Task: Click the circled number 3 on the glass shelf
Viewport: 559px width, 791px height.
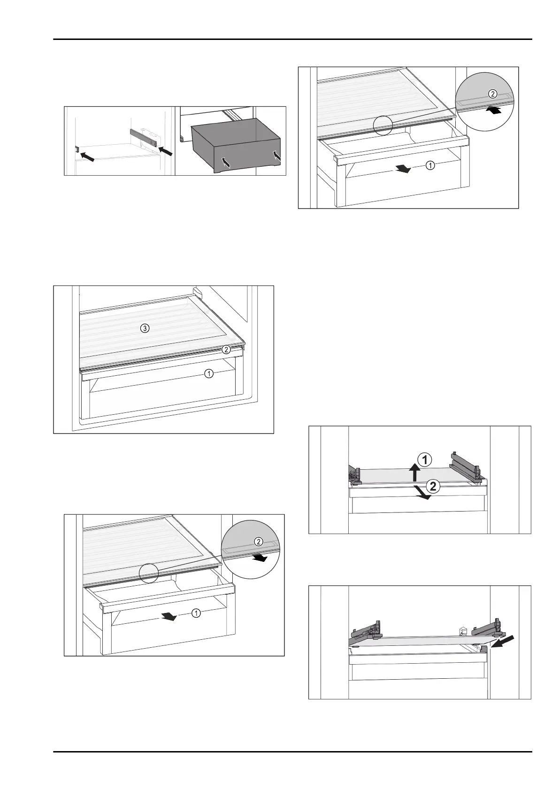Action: [x=145, y=329]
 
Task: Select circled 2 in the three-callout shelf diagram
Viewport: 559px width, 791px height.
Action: [x=226, y=349]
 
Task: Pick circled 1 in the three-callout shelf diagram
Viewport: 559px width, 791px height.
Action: [x=208, y=373]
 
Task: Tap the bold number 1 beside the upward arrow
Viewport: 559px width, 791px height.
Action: [x=425, y=460]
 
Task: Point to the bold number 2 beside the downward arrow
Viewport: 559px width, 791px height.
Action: [x=433, y=486]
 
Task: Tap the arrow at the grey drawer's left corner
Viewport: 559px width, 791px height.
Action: [x=226, y=163]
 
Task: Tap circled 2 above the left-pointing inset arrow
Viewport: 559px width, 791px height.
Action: [x=492, y=93]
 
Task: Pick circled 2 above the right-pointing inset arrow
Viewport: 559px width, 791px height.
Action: [x=258, y=541]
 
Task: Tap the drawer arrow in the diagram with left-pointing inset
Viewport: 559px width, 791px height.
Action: [x=402, y=169]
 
